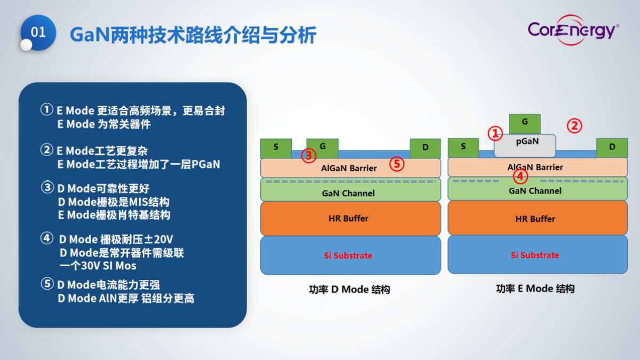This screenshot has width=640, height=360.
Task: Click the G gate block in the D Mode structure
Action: click(322, 146)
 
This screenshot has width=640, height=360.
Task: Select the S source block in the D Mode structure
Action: click(276, 147)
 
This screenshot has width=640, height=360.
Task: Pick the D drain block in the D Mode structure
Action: click(425, 148)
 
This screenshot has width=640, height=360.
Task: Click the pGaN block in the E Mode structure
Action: click(525, 142)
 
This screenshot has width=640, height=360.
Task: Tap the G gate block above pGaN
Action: click(525, 123)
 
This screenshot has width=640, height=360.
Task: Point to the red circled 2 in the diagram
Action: click(574, 126)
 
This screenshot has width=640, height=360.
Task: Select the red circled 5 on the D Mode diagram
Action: click(396, 164)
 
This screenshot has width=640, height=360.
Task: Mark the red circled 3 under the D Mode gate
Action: click(309, 155)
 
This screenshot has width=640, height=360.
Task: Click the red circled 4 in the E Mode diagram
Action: click(521, 176)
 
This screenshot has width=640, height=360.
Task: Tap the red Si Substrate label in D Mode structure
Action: click(348, 255)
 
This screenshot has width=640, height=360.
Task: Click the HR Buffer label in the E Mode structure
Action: click(535, 219)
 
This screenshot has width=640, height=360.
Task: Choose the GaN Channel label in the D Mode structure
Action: click(348, 193)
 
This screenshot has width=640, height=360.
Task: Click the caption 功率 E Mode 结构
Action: click(535, 289)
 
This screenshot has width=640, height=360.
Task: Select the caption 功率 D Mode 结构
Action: click(349, 290)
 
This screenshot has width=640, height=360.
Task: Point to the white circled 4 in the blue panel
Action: click(47, 238)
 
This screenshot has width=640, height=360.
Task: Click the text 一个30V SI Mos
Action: click(98, 265)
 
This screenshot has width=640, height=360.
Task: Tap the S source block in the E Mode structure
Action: click(463, 147)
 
